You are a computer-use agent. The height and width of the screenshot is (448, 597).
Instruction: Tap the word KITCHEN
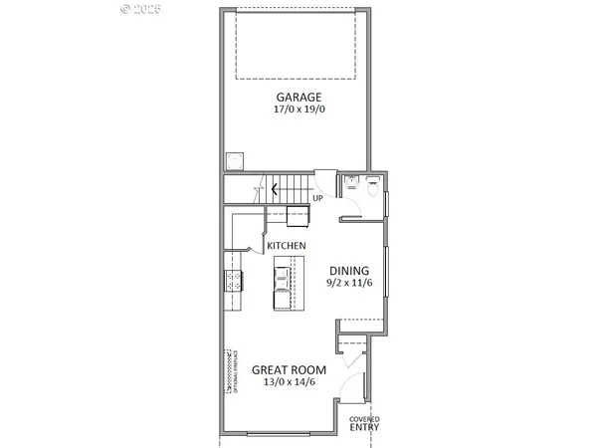286,246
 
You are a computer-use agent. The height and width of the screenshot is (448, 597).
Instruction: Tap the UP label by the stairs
317,197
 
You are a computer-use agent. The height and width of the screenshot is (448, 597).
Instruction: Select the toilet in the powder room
371,182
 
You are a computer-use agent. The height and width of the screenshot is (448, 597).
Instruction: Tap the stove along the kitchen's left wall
233,281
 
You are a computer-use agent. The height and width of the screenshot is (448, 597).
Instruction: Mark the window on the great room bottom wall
284,435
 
